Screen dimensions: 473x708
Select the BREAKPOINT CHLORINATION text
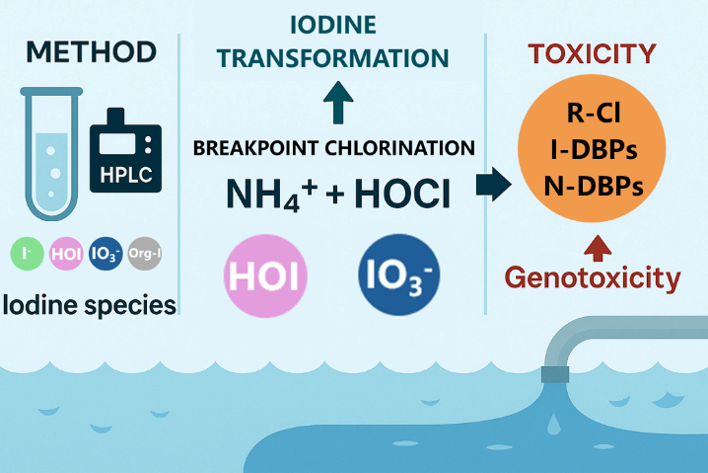point(333,148)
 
